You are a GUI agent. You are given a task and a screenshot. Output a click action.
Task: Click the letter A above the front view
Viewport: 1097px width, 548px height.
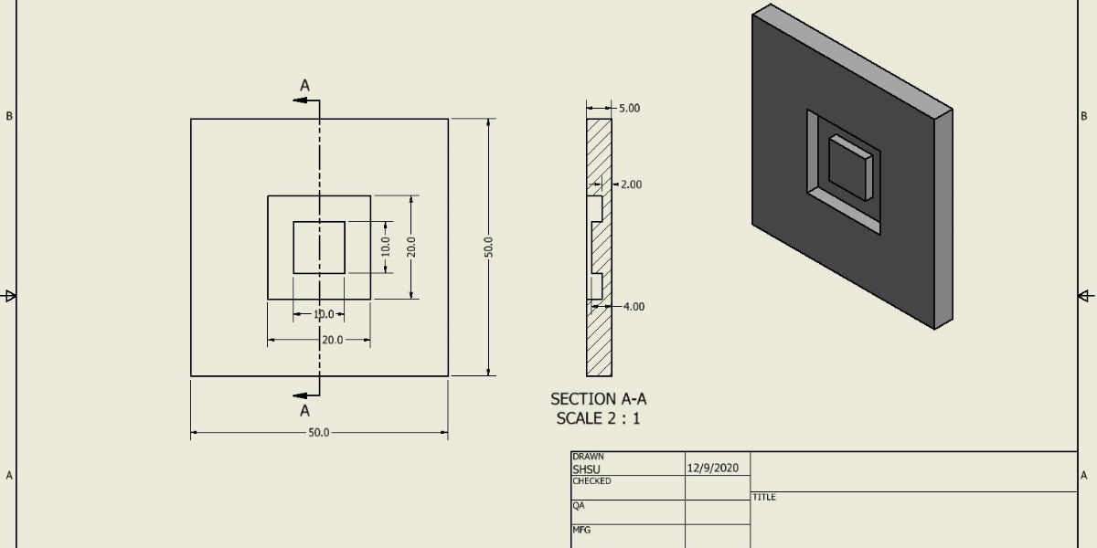coord(305,85)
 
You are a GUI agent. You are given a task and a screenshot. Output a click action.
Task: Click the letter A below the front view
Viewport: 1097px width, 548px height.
coord(305,411)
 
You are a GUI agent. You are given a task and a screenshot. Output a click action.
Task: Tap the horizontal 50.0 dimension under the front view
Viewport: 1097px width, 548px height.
coord(318,433)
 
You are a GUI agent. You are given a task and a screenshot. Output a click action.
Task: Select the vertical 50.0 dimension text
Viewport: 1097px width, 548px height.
coord(489,247)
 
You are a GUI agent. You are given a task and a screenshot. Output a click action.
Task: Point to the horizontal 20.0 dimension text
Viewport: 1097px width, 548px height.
coord(332,340)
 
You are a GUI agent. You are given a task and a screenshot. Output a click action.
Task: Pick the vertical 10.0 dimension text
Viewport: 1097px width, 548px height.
coord(386,247)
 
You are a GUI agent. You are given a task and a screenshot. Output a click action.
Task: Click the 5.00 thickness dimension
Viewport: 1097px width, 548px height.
coord(629,108)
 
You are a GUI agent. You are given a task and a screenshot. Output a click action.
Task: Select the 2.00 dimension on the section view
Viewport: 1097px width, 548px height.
coord(631,184)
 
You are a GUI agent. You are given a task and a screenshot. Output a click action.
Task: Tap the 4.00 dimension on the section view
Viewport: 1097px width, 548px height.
coord(634,307)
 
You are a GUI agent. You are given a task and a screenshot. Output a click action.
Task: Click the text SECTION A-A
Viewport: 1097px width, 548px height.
coord(598,399)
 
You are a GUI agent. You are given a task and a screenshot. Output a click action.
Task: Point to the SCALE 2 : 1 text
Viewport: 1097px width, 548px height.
coord(598,418)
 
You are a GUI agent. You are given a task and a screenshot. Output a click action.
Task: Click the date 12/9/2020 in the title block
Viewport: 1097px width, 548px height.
coord(712,468)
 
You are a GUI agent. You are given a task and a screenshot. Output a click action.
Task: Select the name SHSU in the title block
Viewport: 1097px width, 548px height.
coord(587,469)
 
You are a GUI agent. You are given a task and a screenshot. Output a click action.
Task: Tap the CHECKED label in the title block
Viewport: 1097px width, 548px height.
coord(591,481)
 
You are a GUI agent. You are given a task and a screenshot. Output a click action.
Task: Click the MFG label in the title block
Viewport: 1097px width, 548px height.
coord(581,530)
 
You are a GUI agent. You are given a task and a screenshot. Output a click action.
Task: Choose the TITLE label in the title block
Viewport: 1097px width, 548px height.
coord(764,497)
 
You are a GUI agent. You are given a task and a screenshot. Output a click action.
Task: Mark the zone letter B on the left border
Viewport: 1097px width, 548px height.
coord(10,116)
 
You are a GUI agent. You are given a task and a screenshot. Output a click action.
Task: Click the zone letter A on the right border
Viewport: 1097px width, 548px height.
coord(1084,475)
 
